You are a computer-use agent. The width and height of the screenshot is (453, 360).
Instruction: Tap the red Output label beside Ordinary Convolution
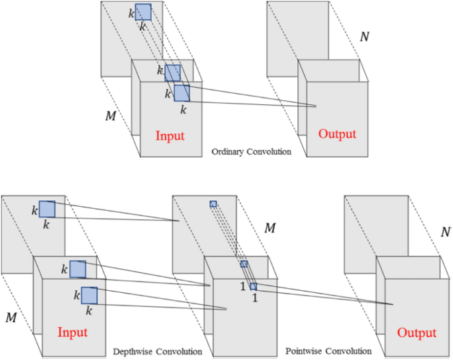pyautogui.click(x=337, y=134)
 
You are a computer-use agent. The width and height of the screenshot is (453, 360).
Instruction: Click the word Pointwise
pyautogui.click(x=302, y=350)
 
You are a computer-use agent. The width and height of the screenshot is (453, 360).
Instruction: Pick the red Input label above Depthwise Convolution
pyautogui.click(x=72, y=332)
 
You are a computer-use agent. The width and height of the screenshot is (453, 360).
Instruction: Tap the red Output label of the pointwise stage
pyautogui.click(x=417, y=332)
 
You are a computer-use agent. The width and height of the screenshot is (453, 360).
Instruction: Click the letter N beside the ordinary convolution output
pyautogui.click(x=364, y=36)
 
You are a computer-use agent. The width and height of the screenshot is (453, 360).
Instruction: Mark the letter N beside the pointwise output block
pyautogui.click(x=447, y=232)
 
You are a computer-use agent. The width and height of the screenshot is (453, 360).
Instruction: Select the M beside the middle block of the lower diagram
pyautogui.click(x=270, y=228)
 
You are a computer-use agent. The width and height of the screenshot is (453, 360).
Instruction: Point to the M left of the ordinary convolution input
pyautogui.click(x=111, y=116)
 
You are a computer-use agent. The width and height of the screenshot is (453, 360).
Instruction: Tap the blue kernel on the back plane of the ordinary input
pyautogui.click(x=144, y=12)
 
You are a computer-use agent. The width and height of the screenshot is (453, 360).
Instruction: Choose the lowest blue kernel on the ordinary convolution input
pyautogui.click(x=182, y=92)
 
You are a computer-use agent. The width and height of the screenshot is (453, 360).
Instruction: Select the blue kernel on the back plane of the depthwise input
pyautogui.click(x=47, y=209)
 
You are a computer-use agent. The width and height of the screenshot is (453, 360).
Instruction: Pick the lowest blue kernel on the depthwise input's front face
pyautogui.click(x=89, y=295)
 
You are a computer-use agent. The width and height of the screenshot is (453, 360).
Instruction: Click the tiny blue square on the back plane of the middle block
pyautogui.click(x=213, y=204)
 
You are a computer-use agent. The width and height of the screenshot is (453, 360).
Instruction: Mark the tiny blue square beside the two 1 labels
pyautogui.click(x=253, y=286)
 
